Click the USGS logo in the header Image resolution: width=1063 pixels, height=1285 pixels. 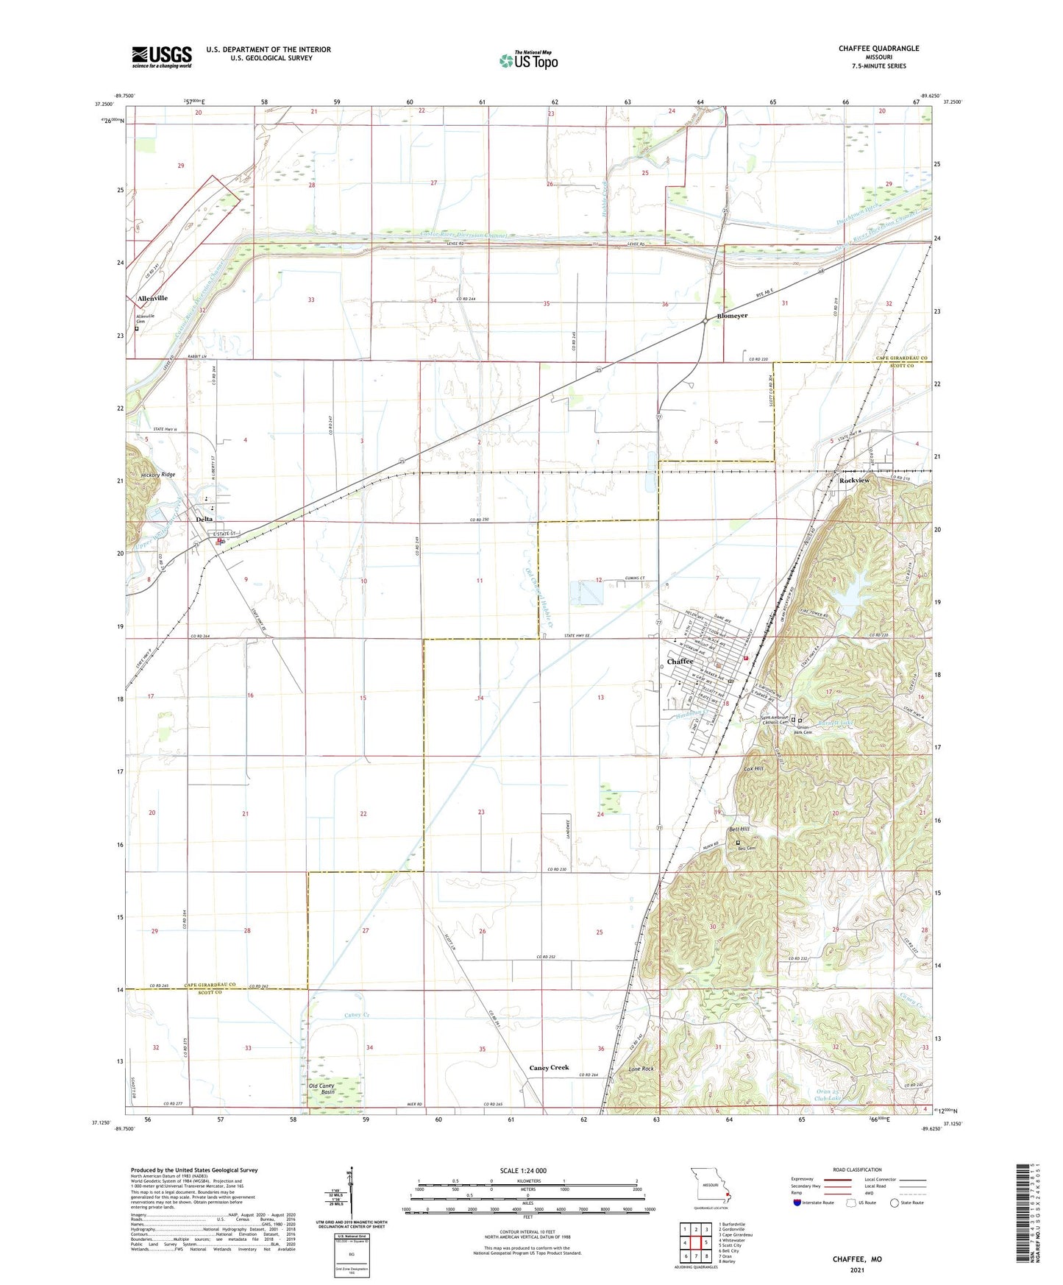(161, 57)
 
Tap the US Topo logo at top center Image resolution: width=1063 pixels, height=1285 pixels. (528, 60)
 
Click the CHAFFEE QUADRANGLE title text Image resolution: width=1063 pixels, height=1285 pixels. (878, 49)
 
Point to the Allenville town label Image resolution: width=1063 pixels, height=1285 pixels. (152, 299)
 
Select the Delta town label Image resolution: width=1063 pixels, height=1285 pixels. (204, 520)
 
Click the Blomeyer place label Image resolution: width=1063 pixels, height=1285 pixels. (729, 316)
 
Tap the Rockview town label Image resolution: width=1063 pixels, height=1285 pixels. (854, 481)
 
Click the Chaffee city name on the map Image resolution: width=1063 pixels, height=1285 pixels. (680, 662)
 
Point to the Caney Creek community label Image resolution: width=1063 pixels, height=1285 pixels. (549, 1068)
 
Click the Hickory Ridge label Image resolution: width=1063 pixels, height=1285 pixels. (158, 475)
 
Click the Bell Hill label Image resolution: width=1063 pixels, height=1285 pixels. (739, 830)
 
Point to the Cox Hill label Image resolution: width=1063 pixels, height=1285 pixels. (754, 768)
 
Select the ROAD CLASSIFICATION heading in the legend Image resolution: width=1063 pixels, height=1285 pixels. (857, 1169)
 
